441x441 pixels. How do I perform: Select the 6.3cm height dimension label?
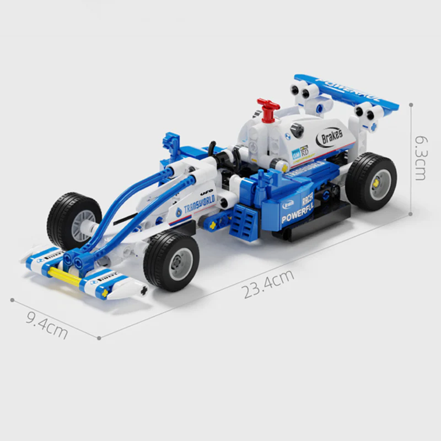click(420, 158)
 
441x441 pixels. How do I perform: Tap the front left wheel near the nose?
click(74, 220)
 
